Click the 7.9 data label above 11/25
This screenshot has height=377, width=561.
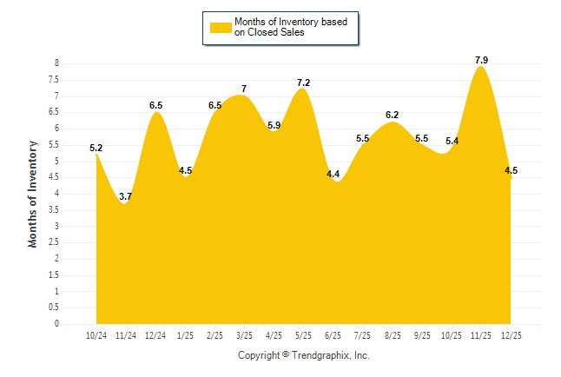pos(481,60)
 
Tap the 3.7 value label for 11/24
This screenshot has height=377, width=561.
pos(125,198)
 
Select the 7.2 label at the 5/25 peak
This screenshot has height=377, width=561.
pos(303,83)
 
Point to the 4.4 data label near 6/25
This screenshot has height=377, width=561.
pos(333,175)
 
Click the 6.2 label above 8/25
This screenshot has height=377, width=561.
pos(392,116)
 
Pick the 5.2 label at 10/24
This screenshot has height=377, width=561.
pos(96,149)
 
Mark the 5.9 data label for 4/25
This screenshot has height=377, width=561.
pos(274,125)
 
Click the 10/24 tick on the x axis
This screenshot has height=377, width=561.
pos(96,335)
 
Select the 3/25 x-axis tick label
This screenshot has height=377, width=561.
pos(244,335)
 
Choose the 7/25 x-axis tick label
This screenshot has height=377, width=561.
pos(362,335)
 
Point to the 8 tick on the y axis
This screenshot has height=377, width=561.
pos(56,63)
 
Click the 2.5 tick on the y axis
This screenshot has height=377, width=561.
pos(54,242)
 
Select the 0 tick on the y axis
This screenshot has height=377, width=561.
pos(56,324)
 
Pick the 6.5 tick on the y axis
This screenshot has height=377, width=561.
pos(54,112)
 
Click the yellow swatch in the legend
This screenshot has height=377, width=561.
pos(220,27)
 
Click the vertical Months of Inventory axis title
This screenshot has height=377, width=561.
pos(33,194)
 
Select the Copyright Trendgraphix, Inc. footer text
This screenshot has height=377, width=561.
pos(304,355)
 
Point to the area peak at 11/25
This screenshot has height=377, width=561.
pos(480,69)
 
